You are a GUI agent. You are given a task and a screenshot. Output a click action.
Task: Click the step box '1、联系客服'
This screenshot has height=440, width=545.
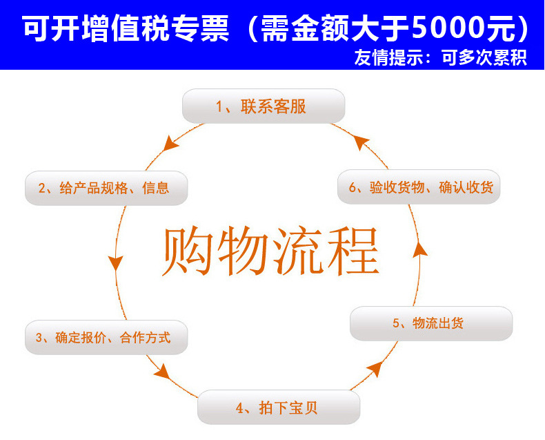tap(263, 106)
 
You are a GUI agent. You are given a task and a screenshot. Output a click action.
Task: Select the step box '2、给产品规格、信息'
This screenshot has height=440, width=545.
tap(106, 188)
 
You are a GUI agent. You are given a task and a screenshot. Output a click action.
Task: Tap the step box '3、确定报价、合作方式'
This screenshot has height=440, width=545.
tap(106, 338)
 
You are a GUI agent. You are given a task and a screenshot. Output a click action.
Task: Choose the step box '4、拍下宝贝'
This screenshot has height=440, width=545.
tap(279, 408)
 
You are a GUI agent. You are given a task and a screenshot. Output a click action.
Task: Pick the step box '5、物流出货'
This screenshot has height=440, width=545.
tap(431, 323)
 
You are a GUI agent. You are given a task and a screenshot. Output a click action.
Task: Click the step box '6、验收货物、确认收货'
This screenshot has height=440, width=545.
tap(419, 187)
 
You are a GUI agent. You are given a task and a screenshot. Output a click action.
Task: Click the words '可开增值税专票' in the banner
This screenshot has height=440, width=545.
tap(123, 28)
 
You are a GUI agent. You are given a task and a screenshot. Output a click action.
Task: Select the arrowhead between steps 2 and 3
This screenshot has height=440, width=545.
tap(115, 263)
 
